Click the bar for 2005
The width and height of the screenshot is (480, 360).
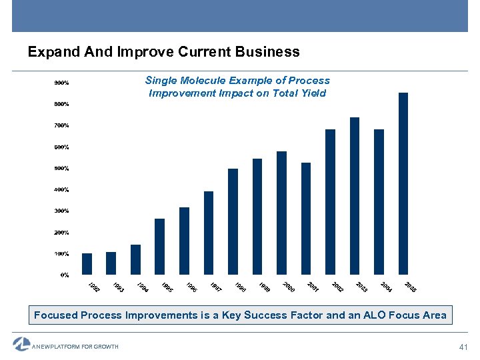click(x=403, y=183)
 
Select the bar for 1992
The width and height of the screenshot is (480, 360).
click(x=87, y=264)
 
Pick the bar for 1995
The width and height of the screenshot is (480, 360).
click(x=159, y=247)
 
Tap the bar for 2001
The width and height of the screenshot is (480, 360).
click(x=306, y=219)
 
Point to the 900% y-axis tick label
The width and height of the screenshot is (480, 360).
click(x=61, y=83)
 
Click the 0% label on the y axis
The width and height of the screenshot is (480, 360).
click(x=65, y=275)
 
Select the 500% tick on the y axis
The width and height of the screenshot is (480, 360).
click(x=61, y=168)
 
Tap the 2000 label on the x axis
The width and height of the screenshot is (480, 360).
click(x=289, y=287)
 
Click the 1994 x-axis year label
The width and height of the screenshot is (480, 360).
click(x=143, y=287)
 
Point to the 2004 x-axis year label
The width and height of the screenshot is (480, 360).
click(x=386, y=287)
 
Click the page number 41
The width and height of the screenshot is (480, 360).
click(x=465, y=347)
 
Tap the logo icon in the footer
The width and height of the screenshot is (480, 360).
click(x=21, y=345)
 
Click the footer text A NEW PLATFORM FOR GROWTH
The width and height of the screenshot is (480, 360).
click(x=75, y=347)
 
